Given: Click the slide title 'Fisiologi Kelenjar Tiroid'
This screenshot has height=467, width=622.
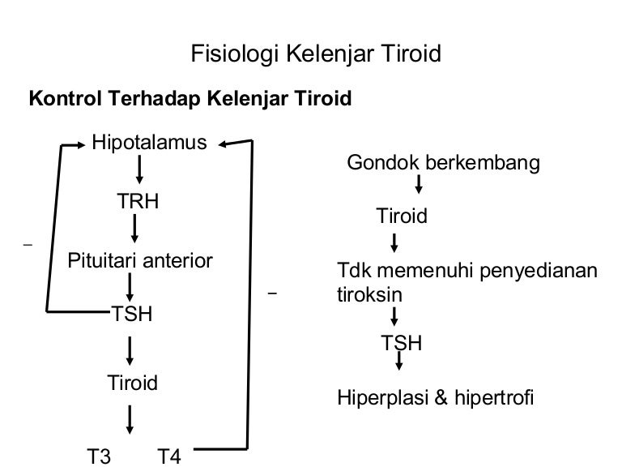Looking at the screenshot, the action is (316, 54).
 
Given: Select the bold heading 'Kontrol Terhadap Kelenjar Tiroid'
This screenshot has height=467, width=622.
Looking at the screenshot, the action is (190, 98).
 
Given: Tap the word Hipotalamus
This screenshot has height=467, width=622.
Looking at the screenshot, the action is (149, 142).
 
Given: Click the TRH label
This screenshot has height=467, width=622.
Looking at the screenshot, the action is (138, 201).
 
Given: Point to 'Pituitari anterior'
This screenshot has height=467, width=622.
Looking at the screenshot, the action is (140, 261).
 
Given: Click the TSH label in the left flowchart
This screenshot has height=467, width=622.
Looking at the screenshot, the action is (132, 314).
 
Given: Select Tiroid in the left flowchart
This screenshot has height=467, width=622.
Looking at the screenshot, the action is (133, 383).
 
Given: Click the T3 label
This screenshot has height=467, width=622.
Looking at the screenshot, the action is (99, 456).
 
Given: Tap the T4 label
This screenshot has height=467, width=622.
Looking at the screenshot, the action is (169, 456).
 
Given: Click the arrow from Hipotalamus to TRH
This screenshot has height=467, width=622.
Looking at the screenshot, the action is (139, 169).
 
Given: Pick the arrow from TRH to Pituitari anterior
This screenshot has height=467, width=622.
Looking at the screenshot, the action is (134, 229).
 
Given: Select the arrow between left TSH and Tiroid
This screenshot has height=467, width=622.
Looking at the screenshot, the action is (130, 351).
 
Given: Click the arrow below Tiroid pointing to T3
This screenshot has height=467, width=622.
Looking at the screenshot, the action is (130, 420).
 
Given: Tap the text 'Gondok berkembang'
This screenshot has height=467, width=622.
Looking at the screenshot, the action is (444, 163).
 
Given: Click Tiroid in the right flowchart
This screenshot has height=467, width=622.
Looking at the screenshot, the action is (402, 216).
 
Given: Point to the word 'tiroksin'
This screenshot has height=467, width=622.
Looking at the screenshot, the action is (369, 295).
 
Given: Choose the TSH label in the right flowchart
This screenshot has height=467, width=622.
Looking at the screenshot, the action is (402, 343).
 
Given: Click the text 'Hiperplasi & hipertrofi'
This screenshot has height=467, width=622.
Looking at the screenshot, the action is (435, 397).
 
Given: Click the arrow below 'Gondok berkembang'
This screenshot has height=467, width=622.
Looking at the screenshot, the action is (418, 184).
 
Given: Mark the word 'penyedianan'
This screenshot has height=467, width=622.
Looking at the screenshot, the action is (539, 272).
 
